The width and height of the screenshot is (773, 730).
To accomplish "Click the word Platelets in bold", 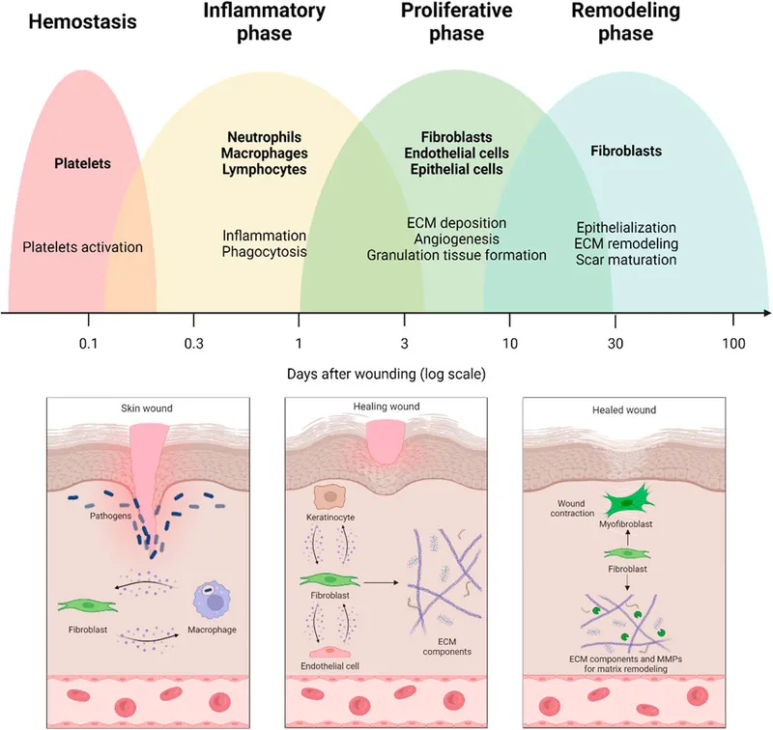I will [81, 163].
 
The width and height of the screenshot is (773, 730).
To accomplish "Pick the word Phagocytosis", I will [264, 252].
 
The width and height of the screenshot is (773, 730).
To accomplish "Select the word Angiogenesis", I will [456, 239].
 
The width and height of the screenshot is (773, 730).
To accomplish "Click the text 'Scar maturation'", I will [625, 260].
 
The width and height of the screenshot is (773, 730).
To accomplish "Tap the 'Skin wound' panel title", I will [149, 408].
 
